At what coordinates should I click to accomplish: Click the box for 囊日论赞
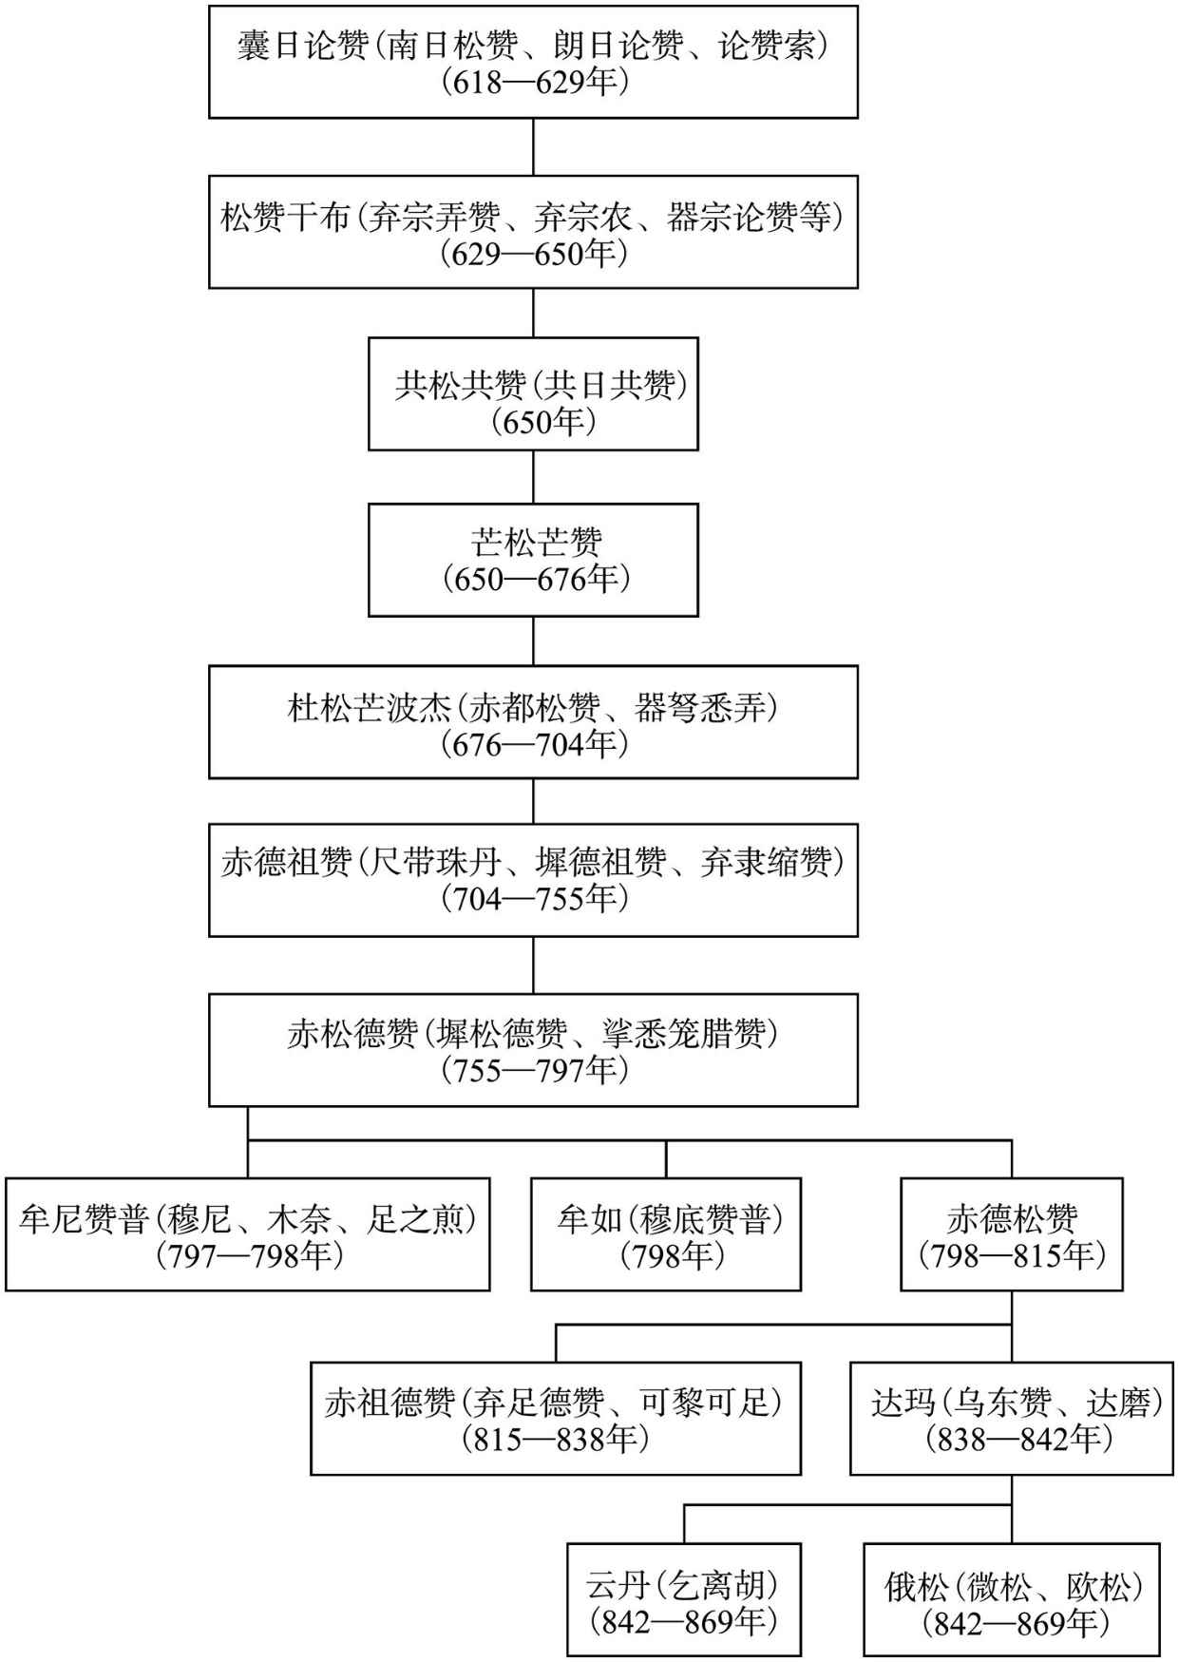(533, 62)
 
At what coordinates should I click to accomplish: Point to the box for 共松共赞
(533, 393)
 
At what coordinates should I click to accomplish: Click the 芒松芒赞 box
(533, 560)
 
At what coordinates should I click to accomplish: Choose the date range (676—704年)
(534, 745)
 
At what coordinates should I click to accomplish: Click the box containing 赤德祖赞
(533, 880)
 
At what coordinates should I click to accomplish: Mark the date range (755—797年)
(534, 1070)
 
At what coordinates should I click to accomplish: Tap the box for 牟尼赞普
(248, 1234)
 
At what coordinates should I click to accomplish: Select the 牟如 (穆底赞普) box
(666, 1234)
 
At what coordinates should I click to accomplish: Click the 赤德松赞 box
(1012, 1234)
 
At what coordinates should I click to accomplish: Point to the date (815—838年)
(556, 1439)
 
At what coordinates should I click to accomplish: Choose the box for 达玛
(1012, 1418)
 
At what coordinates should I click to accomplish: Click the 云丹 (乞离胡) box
(684, 1600)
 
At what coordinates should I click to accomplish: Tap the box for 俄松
(1012, 1600)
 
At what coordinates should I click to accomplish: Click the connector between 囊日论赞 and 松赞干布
(533, 147)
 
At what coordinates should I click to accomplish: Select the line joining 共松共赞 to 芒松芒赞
(533, 477)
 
